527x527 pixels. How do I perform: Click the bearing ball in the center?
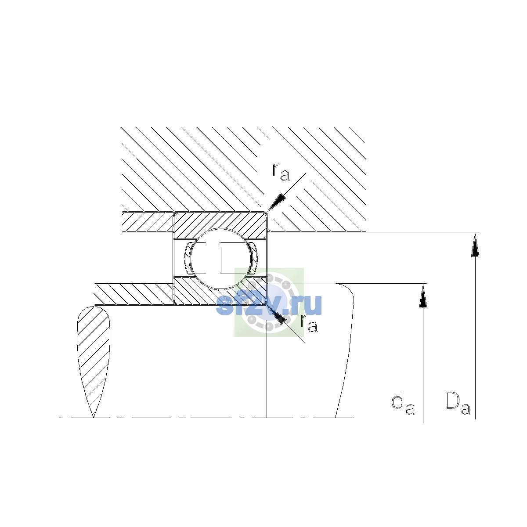pos(220,259)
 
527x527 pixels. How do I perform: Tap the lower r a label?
pos(309,323)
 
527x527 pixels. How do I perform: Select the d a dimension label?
pos(403,407)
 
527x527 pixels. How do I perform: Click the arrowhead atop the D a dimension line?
pos(475,244)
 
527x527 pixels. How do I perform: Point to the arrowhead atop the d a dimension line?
pos(423,296)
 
